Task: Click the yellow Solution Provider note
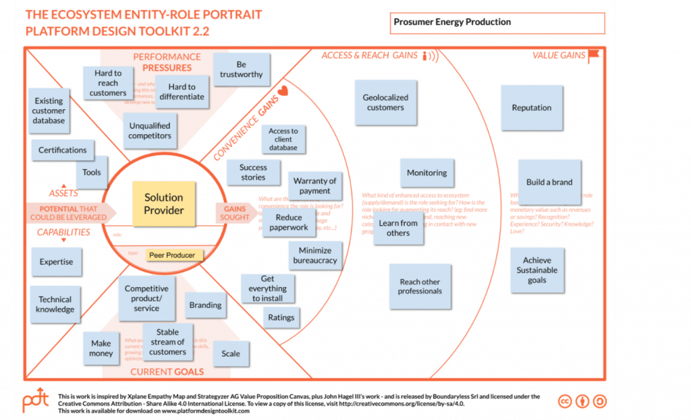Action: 164,204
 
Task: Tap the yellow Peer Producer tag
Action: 172,256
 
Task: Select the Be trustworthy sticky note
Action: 242,70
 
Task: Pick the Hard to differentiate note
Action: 182,92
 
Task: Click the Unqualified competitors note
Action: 150,131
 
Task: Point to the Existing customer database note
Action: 49,111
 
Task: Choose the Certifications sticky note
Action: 63,150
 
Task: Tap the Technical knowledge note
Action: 55,305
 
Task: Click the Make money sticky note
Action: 101,349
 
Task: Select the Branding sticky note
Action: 205,305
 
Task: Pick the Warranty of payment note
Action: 315,186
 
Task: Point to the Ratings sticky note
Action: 281,318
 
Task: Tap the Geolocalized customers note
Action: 385,102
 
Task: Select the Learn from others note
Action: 398,228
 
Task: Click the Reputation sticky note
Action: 532,108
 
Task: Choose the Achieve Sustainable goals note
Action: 537,270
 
